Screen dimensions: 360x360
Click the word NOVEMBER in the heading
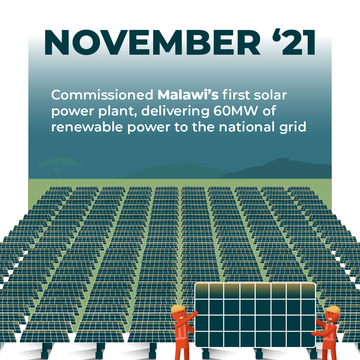(152, 42)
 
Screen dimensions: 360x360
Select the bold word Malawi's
(188, 95)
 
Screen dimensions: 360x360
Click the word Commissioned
(102, 95)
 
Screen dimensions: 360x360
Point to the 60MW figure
(236, 111)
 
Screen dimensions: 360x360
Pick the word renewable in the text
(87, 127)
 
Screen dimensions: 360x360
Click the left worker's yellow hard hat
(178, 308)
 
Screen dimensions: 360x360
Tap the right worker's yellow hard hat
(333, 310)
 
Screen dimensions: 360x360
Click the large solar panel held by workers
(255, 315)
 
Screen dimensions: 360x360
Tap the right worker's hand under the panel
(314, 334)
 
